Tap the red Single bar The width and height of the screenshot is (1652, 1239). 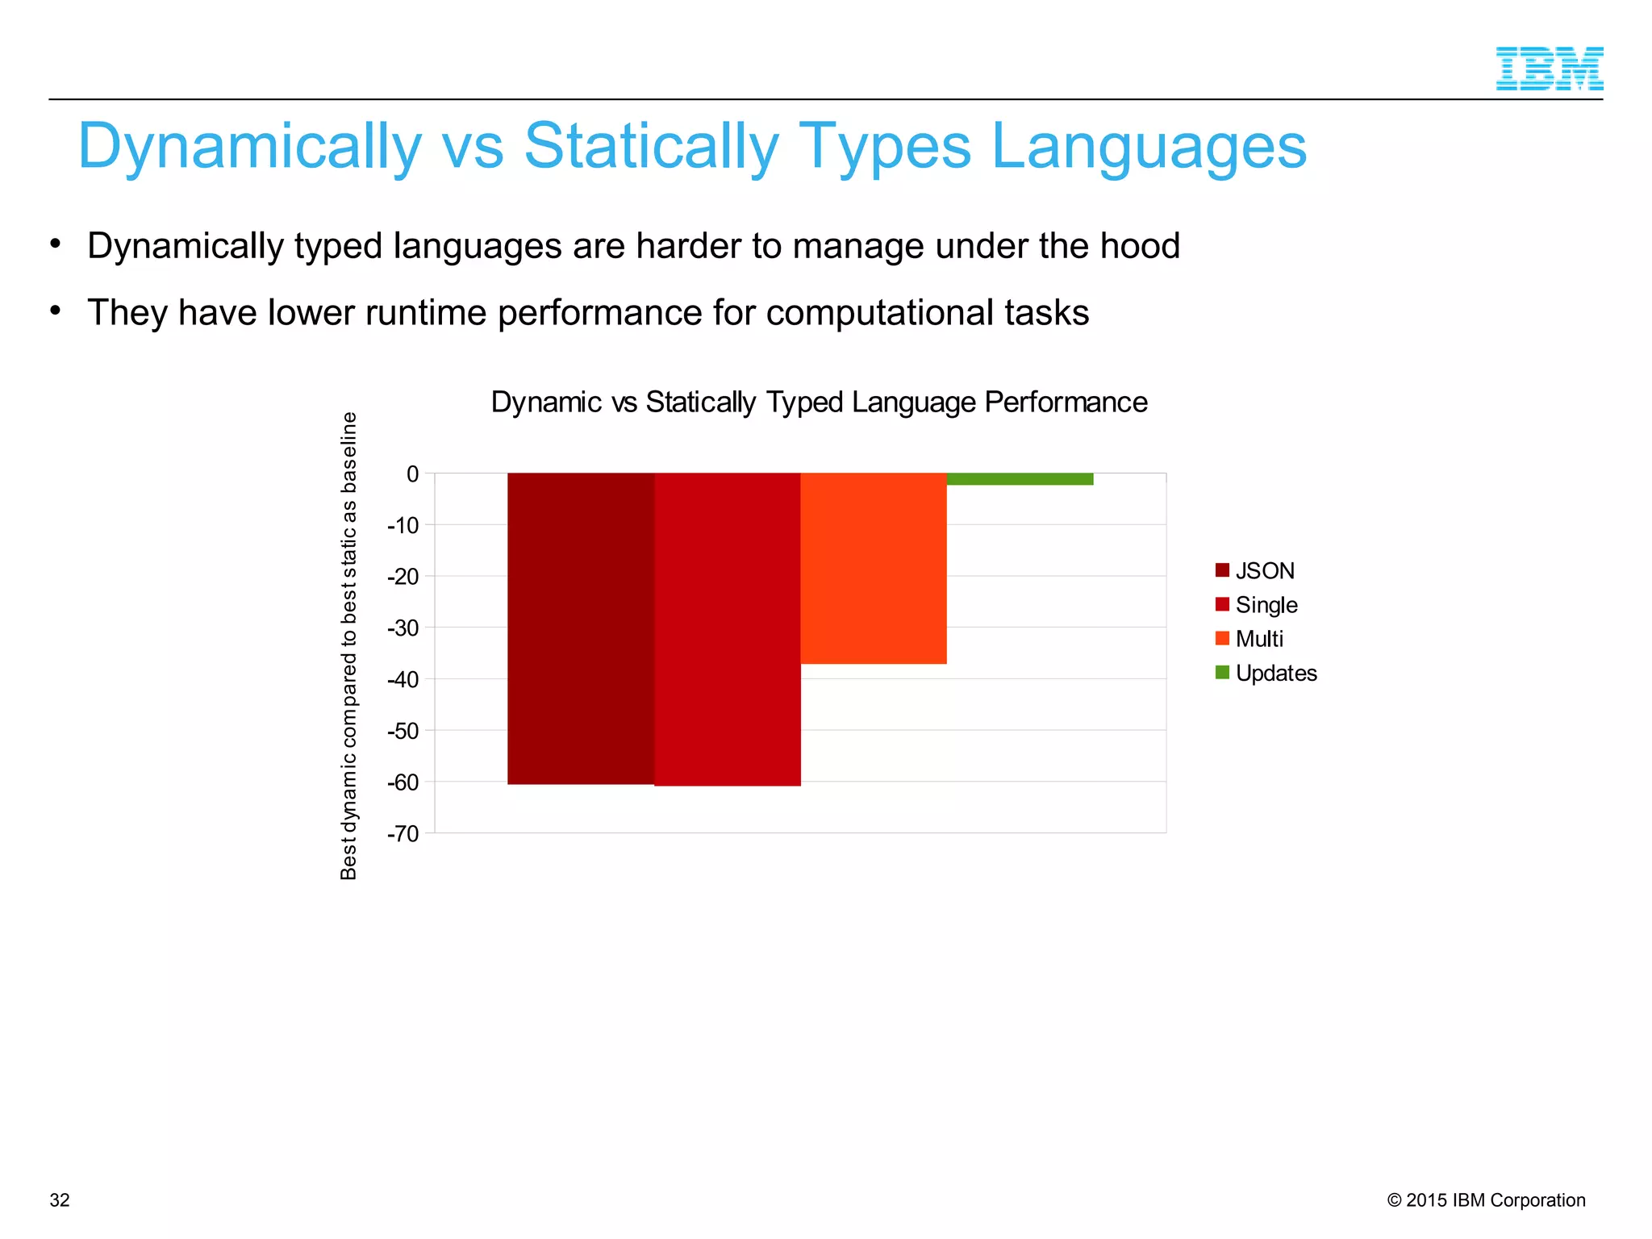[x=728, y=629]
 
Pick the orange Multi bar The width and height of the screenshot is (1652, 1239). [x=874, y=568]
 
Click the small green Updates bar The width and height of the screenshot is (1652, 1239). [x=1020, y=479]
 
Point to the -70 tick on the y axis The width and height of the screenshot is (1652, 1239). [x=403, y=833]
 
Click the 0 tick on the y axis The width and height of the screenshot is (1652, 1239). [x=412, y=474]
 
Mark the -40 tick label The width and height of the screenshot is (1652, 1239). [x=403, y=679]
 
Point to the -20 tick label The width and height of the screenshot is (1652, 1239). [x=403, y=577]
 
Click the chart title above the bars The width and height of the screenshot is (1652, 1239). [x=819, y=402]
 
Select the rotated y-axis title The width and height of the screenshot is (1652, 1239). [x=348, y=645]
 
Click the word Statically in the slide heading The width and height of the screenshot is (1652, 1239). [x=652, y=147]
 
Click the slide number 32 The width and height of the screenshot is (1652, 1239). [x=60, y=1200]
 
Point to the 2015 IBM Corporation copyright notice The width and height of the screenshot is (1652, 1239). [x=1486, y=1200]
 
